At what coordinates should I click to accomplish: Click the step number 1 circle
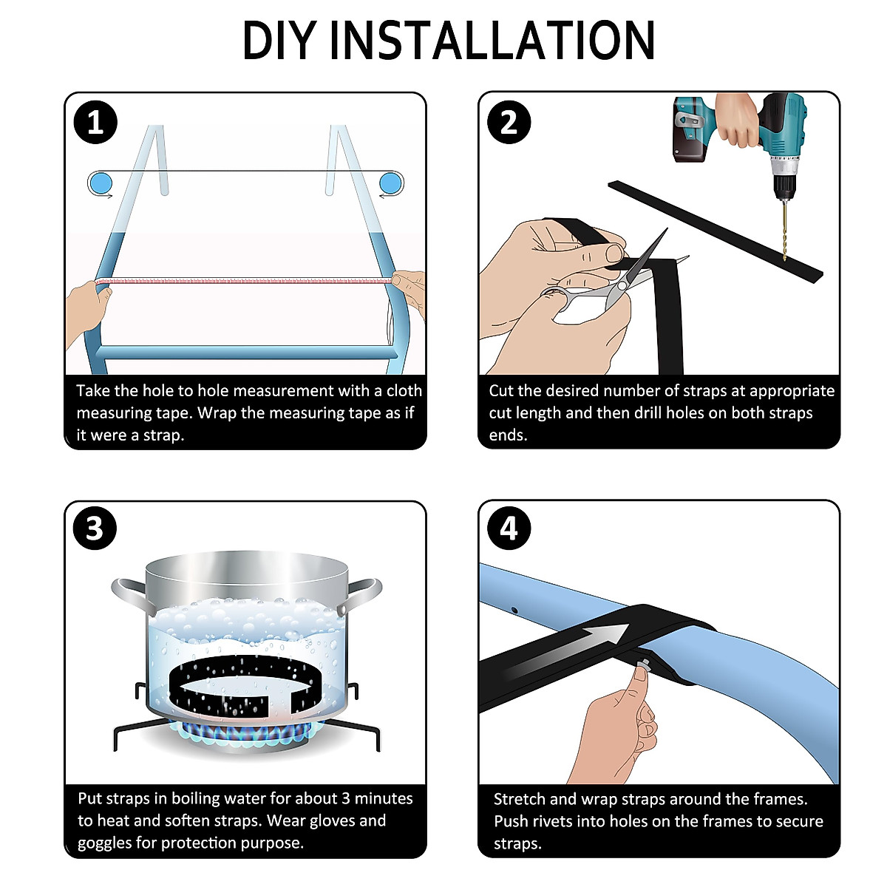coord(95,123)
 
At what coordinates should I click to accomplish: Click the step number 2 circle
coord(509,123)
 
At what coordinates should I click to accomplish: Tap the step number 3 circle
coord(95,528)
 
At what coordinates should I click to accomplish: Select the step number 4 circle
coord(509,528)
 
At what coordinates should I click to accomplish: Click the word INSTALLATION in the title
coord(492,41)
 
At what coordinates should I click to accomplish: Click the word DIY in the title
coord(279,41)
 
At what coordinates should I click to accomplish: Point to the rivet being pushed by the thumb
coord(644,665)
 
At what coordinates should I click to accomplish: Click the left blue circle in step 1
coord(100,183)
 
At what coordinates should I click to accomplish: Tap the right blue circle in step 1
coord(391,183)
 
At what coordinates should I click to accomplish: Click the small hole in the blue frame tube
coord(514,611)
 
